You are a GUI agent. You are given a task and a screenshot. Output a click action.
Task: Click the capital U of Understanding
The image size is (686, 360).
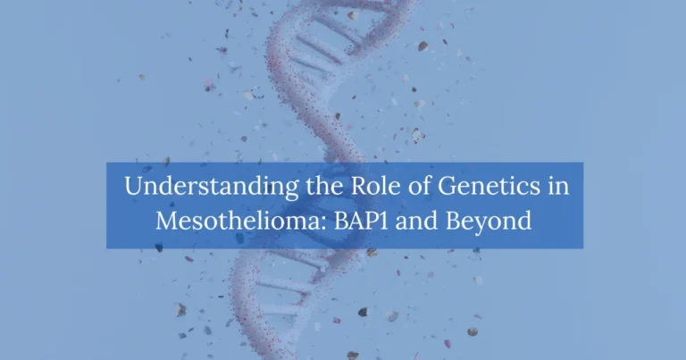coord(132,188)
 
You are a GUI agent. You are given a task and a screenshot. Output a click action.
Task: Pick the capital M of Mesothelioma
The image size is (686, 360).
coord(166,220)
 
